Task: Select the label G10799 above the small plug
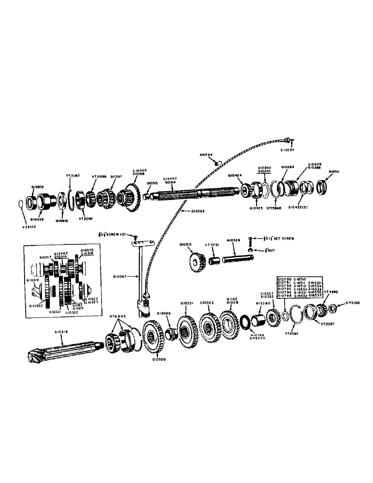tap(206, 155)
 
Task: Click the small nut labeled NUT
tap(250, 249)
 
